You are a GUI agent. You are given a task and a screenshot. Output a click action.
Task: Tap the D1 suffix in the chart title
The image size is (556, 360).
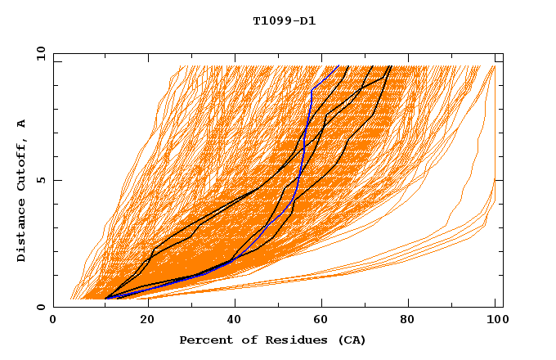307,20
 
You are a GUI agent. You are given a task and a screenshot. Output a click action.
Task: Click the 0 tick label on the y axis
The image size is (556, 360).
41,307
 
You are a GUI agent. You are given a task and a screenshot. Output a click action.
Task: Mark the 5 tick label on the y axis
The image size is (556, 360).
41,180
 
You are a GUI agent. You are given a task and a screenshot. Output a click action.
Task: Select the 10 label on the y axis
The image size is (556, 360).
39,53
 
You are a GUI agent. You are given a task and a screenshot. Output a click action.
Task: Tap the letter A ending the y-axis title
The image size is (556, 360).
22,124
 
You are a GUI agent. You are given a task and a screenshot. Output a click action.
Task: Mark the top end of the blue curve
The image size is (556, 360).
339,65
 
